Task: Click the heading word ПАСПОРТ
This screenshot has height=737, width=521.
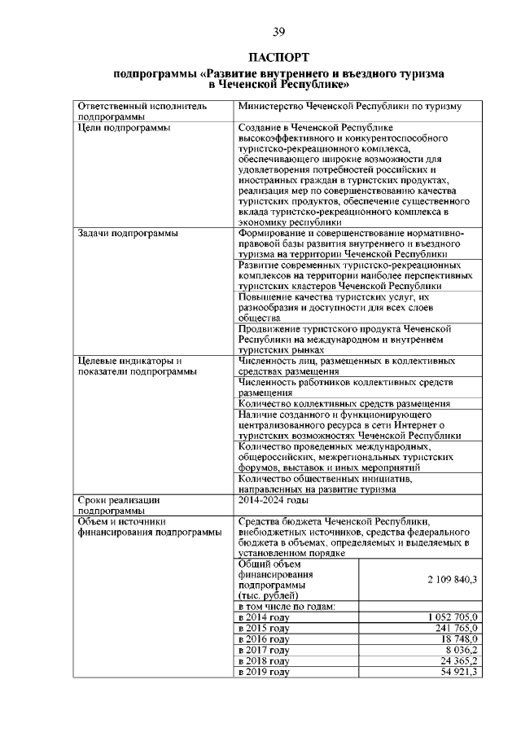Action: tap(278, 58)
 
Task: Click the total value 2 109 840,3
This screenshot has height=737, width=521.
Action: tap(452, 579)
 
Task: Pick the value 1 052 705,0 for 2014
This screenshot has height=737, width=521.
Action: tap(452, 617)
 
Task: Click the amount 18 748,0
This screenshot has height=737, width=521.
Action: tap(461, 639)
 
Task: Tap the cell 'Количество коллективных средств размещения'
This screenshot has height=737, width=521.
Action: tap(344, 403)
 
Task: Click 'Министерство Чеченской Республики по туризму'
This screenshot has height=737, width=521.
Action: tap(350, 106)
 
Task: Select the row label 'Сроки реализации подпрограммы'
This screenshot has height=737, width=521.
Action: tap(119, 505)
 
